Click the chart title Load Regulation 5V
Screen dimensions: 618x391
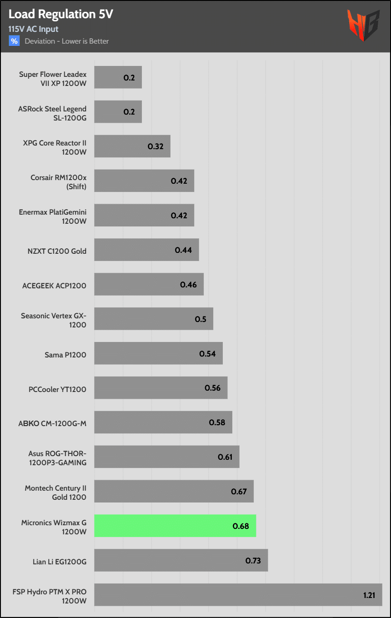60,14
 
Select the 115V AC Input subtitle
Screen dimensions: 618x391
33,29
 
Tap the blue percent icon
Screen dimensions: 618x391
14,41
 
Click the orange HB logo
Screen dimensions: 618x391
363,26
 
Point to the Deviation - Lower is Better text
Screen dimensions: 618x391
66,41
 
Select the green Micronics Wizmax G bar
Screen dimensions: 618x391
175,526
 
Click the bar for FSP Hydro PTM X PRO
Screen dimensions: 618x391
238,595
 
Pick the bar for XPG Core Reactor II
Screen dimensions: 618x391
132,146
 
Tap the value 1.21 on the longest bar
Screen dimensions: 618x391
370,595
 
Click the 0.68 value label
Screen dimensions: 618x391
241,526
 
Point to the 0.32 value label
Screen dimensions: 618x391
155,146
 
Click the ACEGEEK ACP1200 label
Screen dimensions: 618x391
54,286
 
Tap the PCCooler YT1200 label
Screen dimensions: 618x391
57,389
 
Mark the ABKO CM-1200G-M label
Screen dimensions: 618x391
53,424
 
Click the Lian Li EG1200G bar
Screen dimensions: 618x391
181,560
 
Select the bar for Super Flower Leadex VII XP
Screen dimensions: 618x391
118,77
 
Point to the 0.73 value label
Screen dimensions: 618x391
253,561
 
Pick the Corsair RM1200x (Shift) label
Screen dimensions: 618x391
58,182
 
